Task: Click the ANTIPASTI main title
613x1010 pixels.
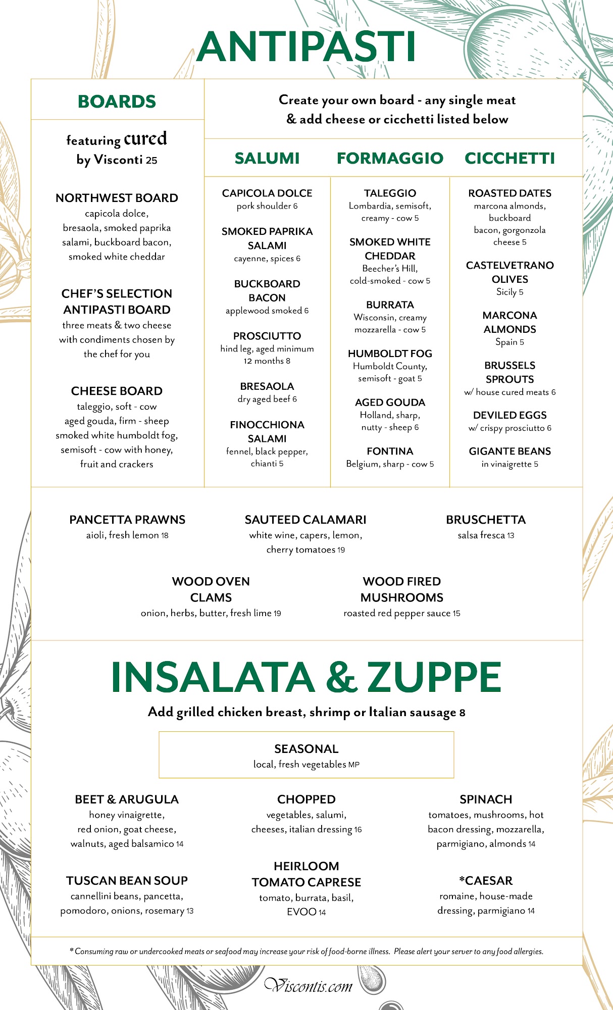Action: tap(306, 47)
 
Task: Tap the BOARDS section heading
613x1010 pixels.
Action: tap(117, 102)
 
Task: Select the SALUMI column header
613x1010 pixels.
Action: tap(267, 158)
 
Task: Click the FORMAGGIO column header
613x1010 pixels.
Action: tap(390, 158)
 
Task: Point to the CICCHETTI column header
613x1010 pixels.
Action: tap(509, 158)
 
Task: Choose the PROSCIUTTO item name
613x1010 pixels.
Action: tap(267, 336)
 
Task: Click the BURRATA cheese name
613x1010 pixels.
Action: tap(390, 305)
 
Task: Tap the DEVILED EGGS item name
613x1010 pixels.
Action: tap(509, 415)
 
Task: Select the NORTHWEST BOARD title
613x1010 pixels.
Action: tap(117, 198)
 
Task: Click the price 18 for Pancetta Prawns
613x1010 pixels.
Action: tap(165, 536)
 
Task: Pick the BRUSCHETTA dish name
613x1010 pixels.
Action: tap(486, 520)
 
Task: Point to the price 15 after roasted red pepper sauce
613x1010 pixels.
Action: tap(456, 614)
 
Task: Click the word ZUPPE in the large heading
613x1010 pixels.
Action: tap(434, 677)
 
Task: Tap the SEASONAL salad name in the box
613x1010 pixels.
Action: tap(306, 749)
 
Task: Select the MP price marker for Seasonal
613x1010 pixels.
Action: tap(354, 765)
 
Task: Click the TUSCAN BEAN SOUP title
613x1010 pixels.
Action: tap(127, 881)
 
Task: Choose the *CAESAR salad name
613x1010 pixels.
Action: tap(486, 881)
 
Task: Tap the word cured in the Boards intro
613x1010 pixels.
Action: tap(145, 139)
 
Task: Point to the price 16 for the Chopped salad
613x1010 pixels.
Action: tap(358, 830)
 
